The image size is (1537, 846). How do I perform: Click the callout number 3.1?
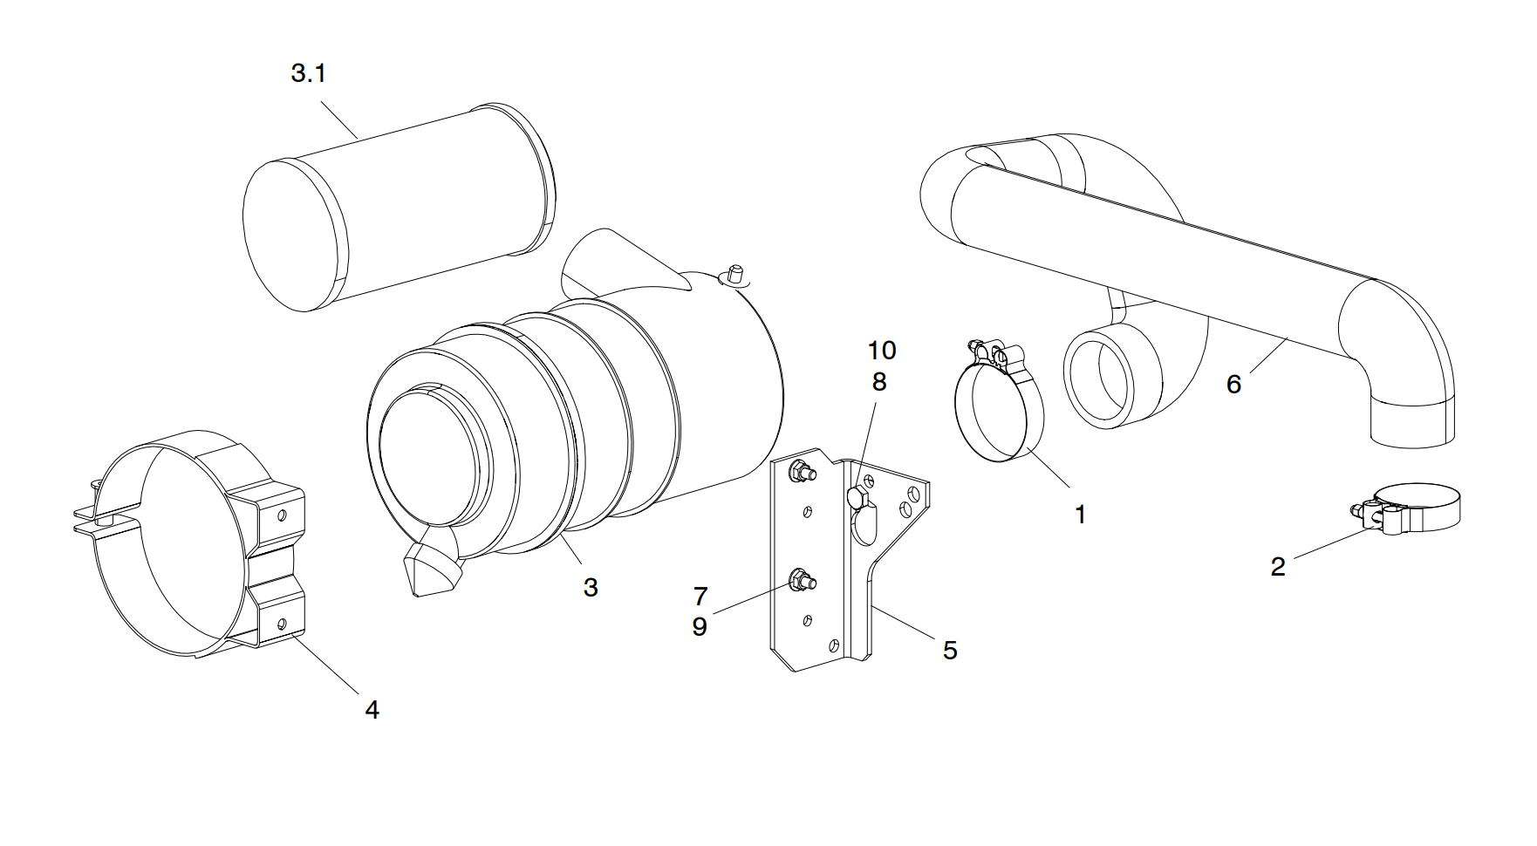click(308, 73)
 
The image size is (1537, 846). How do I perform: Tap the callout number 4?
click(372, 710)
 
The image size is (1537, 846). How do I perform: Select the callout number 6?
click(1233, 385)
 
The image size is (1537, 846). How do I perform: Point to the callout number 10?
click(881, 351)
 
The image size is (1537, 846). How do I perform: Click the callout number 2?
click(1278, 567)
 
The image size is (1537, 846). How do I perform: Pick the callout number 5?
click(950, 650)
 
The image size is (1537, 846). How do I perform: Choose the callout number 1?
click(1080, 515)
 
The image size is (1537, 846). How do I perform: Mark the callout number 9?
click(699, 626)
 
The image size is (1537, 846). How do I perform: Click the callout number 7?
click(700, 597)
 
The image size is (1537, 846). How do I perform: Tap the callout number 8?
click(878, 382)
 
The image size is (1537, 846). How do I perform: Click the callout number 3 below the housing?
click(591, 588)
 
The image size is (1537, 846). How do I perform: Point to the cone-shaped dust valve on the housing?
click(430, 568)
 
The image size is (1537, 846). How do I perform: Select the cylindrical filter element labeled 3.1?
click(397, 209)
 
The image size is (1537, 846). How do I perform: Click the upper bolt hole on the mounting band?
click(282, 515)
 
